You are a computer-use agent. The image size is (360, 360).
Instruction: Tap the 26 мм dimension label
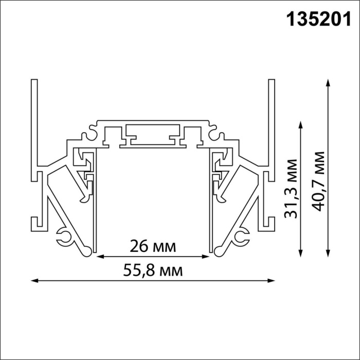click(153, 246)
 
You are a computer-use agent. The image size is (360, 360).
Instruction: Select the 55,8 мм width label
click(153, 270)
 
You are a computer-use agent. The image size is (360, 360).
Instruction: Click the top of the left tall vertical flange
click(34, 81)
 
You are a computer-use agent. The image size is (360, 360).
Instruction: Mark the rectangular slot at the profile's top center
click(153, 133)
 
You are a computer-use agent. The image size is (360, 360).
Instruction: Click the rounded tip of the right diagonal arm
click(219, 251)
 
